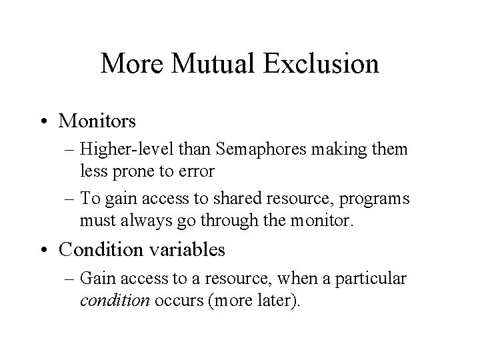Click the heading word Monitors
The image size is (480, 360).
point(97,121)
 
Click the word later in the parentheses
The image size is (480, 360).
point(272,300)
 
